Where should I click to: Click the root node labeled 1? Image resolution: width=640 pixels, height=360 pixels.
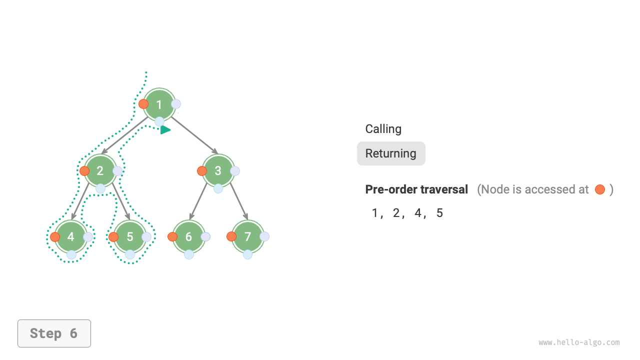(x=159, y=104)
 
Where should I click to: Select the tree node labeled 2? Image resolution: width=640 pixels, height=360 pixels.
(x=100, y=171)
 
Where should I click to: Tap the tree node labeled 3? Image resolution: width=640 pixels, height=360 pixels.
(x=218, y=171)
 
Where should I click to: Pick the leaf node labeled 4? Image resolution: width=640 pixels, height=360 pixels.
(x=71, y=237)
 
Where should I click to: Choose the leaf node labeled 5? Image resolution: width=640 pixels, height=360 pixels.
(x=130, y=237)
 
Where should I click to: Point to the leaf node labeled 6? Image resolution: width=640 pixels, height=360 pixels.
(x=188, y=237)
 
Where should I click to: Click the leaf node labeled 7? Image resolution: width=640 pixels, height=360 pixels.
(x=247, y=237)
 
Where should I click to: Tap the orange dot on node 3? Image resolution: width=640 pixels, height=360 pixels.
(x=202, y=171)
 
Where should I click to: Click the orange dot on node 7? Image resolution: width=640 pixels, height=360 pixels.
(x=231, y=236)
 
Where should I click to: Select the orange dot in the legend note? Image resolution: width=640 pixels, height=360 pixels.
(x=600, y=189)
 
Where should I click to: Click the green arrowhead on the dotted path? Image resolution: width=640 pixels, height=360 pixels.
(x=165, y=130)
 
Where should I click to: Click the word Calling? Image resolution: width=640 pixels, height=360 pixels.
(x=383, y=129)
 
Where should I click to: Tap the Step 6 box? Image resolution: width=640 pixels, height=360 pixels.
(x=54, y=333)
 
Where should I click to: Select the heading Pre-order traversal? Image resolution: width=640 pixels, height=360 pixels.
(x=416, y=189)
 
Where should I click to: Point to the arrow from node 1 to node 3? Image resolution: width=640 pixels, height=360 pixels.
(x=195, y=136)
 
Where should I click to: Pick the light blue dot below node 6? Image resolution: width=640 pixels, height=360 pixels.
(x=189, y=254)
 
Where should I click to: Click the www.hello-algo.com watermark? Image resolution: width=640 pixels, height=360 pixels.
(x=579, y=342)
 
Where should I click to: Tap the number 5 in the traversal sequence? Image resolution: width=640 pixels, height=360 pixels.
(x=439, y=213)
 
